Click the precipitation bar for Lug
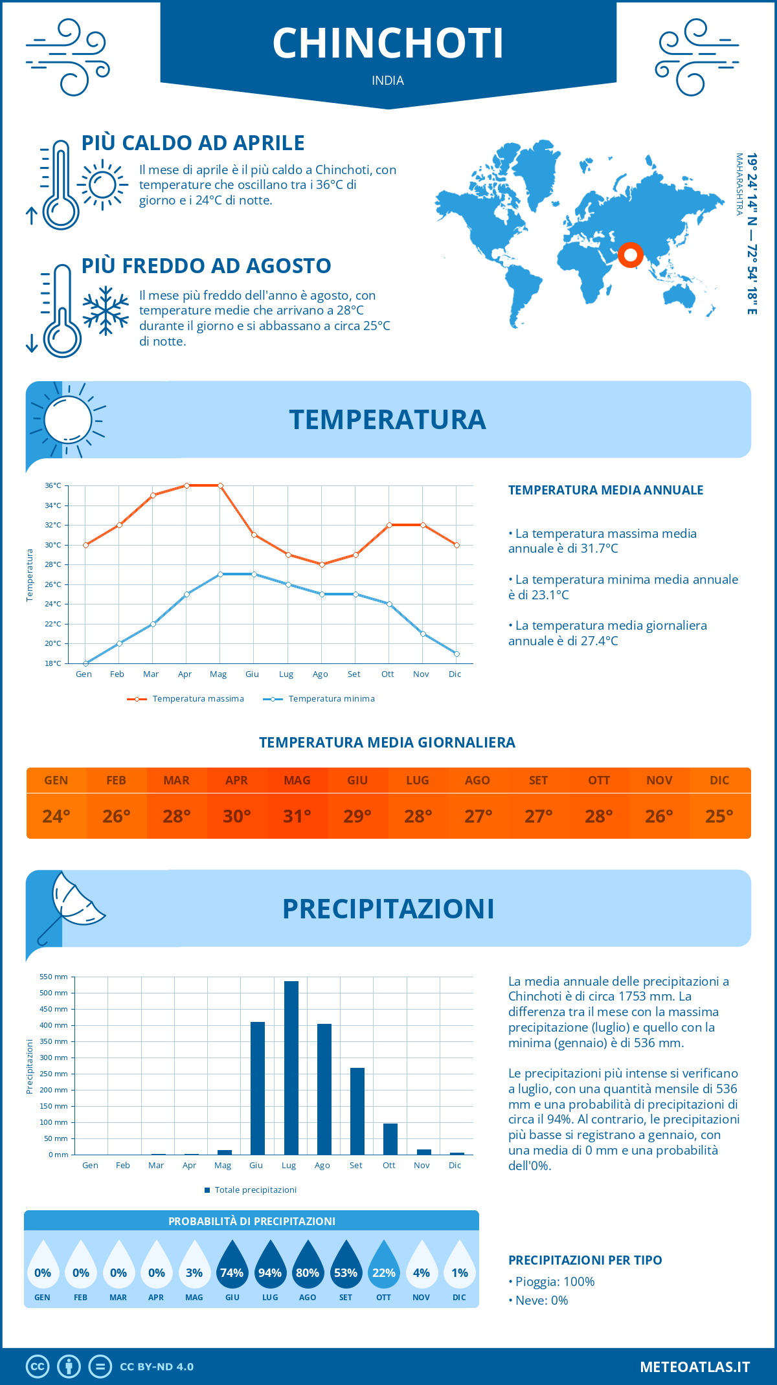pyautogui.click(x=291, y=1068)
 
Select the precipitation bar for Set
pyautogui.click(x=357, y=1111)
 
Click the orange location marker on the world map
pyautogui.click(x=630, y=255)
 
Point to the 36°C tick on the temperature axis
pyautogui.click(x=53, y=485)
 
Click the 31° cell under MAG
pyautogui.click(x=297, y=816)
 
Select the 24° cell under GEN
pyautogui.click(x=56, y=816)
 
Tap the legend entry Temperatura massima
pyautogui.click(x=186, y=699)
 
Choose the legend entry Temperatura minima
pyautogui.click(x=319, y=699)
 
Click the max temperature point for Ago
pyautogui.click(x=322, y=564)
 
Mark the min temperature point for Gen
pyautogui.click(x=85, y=663)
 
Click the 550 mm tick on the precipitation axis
pyautogui.click(x=54, y=977)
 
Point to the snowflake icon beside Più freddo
pyautogui.click(x=106, y=311)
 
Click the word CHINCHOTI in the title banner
pyautogui.click(x=388, y=43)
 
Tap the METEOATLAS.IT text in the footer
pyautogui.click(x=695, y=1367)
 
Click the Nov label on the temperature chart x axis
pyautogui.click(x=421, y=674)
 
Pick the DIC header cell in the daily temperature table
pyautogui.click(x=719, y=781)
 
